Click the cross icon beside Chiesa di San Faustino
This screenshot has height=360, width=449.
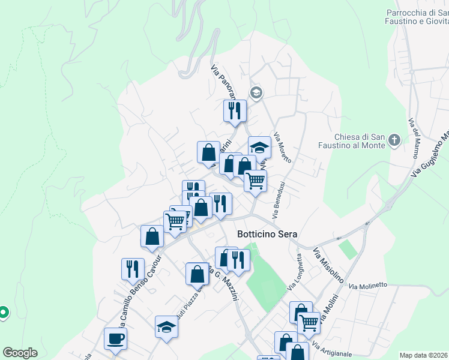point(394,140)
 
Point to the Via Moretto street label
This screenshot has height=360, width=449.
point(282,148)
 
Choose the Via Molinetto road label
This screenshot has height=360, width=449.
point(369,286)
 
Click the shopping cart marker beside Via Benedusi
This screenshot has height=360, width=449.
point(255,181)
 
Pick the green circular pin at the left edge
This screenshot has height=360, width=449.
point(3,313)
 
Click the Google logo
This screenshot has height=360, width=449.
point(20,353)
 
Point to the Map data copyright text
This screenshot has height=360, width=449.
point(424,355)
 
